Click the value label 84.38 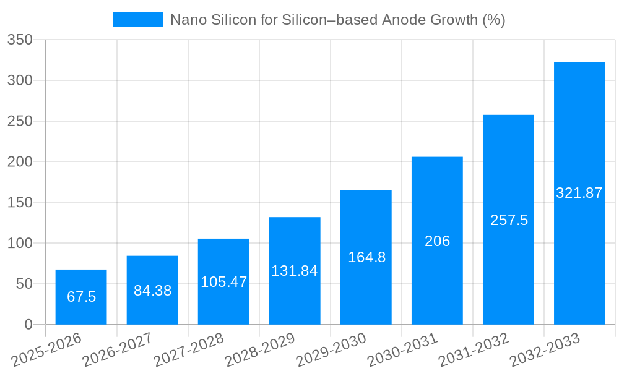pos(152,291)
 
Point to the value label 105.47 pos(223,283)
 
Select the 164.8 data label pos(366,258)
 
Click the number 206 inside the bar pos(437,242)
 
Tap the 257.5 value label pos(509,221)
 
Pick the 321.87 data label pos(579,194)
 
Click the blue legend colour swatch pos(137,20)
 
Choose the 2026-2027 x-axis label pos(118,350)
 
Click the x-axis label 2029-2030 pos(331,350)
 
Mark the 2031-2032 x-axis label pos(474,350)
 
